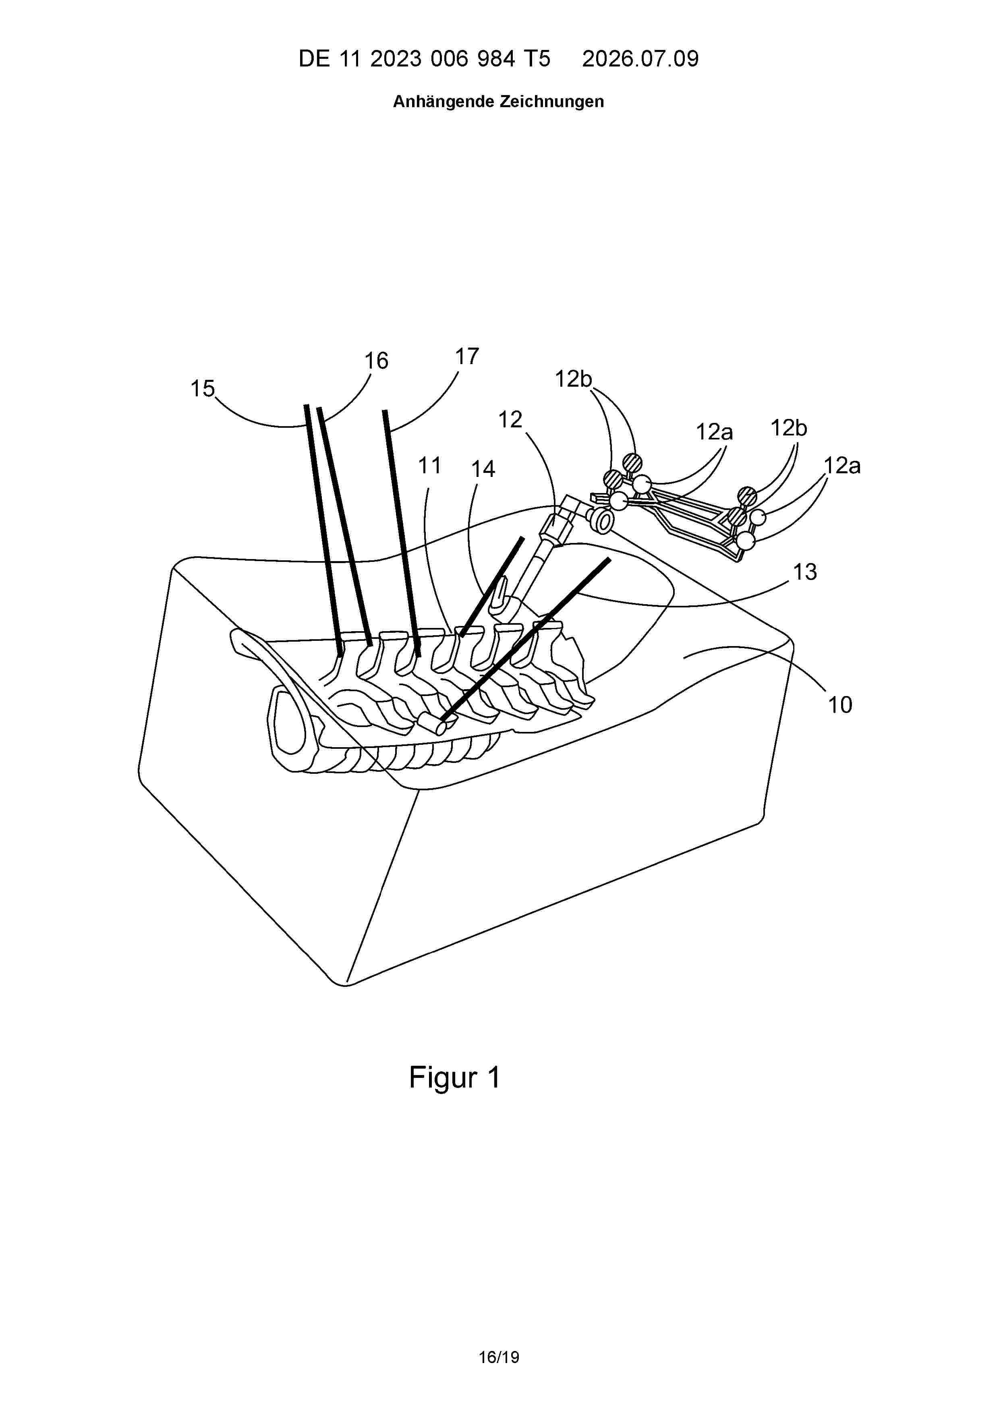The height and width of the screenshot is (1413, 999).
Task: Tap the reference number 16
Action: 376,360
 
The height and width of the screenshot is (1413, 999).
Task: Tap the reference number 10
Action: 839,704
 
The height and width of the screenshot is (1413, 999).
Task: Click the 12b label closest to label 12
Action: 573,379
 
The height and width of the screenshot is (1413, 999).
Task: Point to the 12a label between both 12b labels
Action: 714,432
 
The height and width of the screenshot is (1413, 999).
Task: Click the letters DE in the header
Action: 314,58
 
